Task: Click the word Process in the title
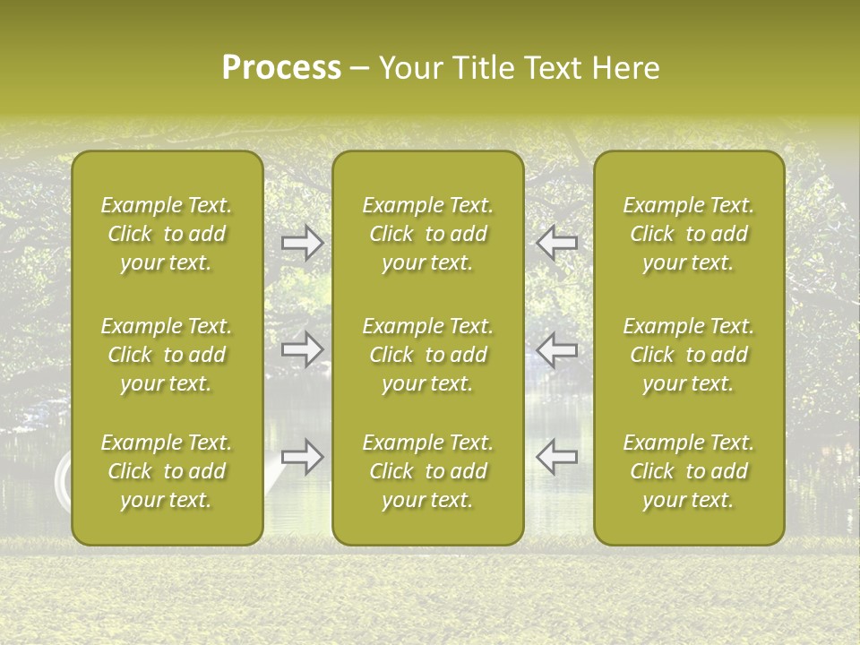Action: [281, 68]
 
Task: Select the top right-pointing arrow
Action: [302, 243]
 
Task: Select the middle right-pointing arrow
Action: [302, 348]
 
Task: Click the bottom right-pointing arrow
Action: [302, 457]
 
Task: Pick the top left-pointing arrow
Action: [556, 243]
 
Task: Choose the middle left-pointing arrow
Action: [556, 348]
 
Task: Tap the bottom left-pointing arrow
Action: [556, 457]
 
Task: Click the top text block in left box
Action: [167, 234]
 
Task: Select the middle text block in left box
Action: [167, 355]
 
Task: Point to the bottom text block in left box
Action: [167, 471]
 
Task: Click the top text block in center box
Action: [427, 234]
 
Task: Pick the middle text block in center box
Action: [427, 355]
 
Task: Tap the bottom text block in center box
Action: [427, 471]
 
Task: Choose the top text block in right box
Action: [688, 234]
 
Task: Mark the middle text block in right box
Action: [688, 355]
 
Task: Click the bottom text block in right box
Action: [688, 471]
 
